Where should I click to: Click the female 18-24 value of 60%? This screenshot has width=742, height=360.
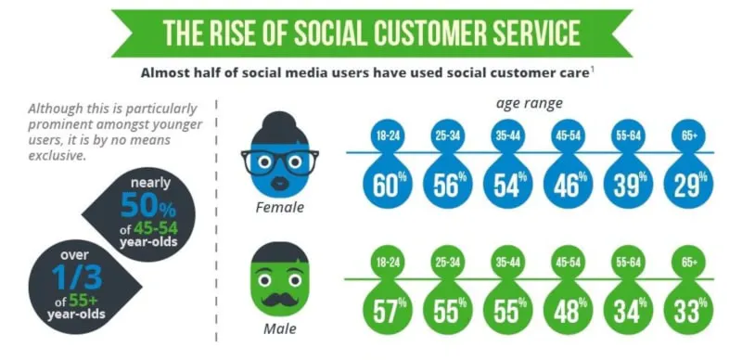click(387, 184)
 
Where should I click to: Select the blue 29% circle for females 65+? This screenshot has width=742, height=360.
click(688, 184)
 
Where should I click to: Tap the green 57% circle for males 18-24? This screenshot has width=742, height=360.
click(387, 310)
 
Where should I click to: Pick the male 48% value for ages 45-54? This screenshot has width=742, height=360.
click(568, 310)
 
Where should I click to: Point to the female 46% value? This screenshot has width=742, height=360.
click(568, 184)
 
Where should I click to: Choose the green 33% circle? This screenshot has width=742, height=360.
click(688, 310)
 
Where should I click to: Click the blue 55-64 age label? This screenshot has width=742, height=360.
click(629, 136)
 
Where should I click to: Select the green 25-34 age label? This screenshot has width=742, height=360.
click(448, 263)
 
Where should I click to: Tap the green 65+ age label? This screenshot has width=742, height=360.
click(688, 263)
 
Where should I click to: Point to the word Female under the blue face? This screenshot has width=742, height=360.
click(280, 207)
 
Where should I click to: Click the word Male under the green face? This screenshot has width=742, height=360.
click(280, 328)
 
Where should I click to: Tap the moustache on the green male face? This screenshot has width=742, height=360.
click(280, 300)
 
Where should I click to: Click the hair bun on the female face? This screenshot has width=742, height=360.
click(280, 121)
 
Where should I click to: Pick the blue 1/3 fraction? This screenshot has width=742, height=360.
click(78, 277)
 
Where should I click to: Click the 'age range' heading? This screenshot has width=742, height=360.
click(529, 103)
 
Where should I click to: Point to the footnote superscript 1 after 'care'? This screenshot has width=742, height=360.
click(592, 71)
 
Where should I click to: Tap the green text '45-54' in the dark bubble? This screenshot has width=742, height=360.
click(156, 229)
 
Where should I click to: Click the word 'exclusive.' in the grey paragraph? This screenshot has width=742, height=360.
click(58, 155)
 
